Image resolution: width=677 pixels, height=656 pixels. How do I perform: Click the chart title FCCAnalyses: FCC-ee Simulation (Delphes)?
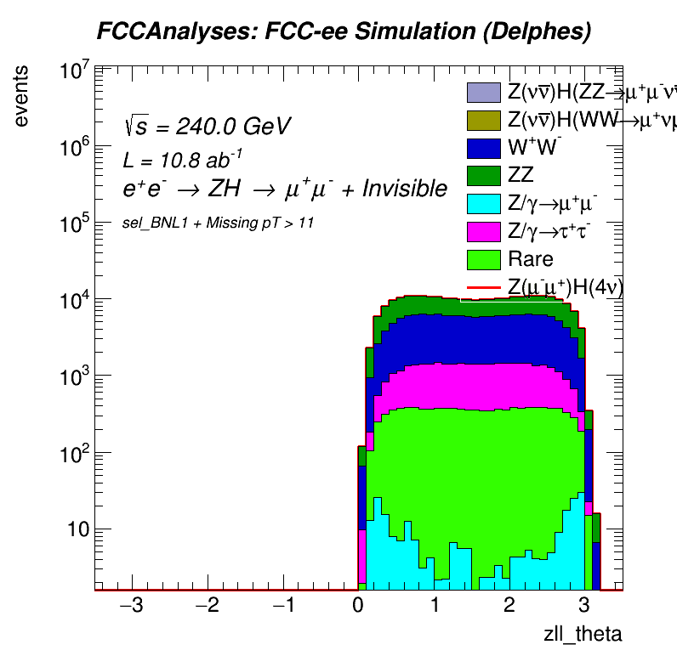(344, 31)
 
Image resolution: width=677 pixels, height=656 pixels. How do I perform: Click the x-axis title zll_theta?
(583, 634)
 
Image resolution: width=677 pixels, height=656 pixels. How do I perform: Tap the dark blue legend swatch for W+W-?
(483, 148)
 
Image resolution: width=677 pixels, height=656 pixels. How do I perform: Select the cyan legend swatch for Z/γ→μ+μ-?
(483, 203)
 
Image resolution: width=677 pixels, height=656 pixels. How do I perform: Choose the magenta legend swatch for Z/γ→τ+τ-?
(483, 231)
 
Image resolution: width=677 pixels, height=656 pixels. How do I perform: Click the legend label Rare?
(530, 259)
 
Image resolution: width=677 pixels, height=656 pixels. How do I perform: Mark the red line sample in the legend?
(483, 287)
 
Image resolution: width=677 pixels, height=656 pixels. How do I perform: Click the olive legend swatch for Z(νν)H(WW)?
(483, 120)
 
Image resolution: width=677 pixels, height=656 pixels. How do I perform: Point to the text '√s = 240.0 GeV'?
(207, 127)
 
